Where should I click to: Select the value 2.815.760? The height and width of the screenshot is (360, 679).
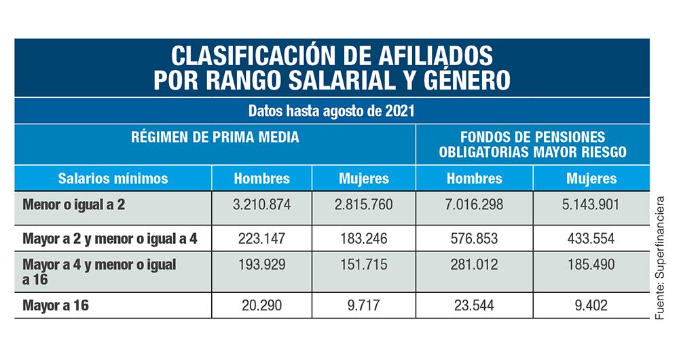click(x=364, y=204)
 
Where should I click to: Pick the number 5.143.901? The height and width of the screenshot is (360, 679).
click(x=591, y=204)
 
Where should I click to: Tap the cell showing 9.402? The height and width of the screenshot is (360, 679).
click(x=591, y=306)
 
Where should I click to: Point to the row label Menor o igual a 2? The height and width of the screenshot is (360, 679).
click(x=74, y=204)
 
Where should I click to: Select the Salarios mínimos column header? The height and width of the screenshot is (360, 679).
click(x=113, y=179)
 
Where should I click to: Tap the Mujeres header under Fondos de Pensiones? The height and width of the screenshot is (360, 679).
click(x=591, y=179)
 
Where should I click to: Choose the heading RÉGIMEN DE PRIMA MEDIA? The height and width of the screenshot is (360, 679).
click(x=215, y=137)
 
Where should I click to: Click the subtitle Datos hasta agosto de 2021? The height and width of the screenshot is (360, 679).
click(x=331, y=111)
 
